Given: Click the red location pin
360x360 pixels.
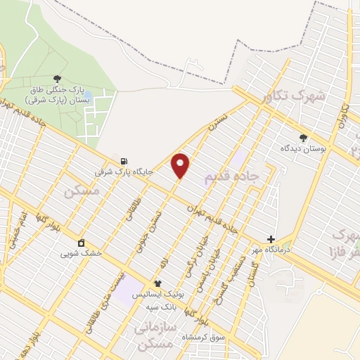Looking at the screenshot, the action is pyautogui.click(x=181, y=165).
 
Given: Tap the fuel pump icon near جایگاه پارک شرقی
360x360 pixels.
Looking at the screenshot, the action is pyautogui.click(x=124, y=161).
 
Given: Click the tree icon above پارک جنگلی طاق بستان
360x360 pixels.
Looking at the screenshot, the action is pyautogui.click(x=57, y=79).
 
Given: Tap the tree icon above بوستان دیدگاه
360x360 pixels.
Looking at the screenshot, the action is pyautogui.click(x=303, y=138).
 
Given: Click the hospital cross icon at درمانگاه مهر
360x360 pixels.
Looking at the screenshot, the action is pyautogui.click(x=271, y=239).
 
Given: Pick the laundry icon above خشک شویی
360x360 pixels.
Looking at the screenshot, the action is pyautogui.click(x=82, y=243).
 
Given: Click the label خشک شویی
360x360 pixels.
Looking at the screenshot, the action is pyautogui.click(x=81, y=253).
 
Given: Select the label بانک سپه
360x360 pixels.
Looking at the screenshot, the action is pyautogui.click(x=160, y=307).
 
